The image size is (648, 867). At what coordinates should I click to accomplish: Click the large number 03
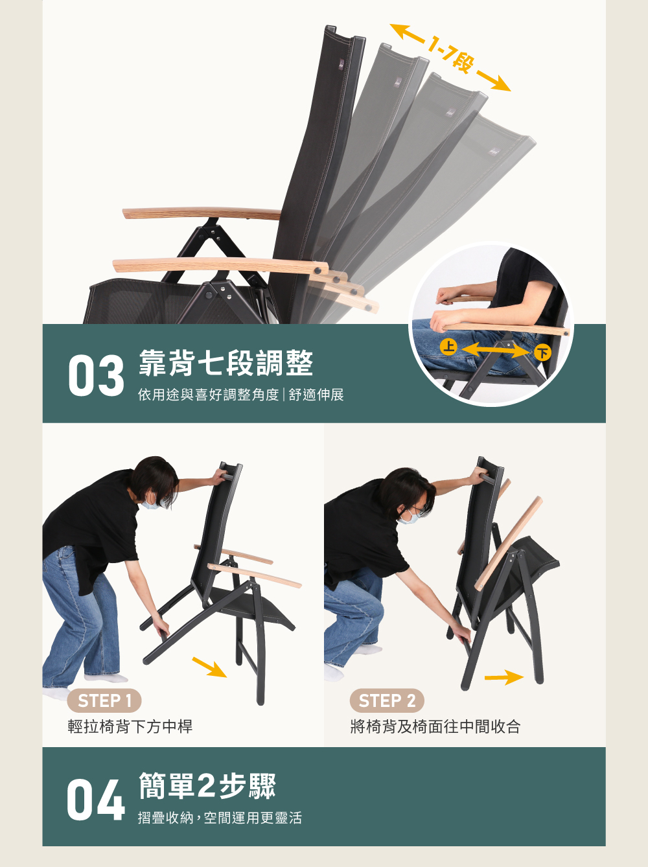point(96,376)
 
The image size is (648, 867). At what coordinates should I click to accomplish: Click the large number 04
point(95,801)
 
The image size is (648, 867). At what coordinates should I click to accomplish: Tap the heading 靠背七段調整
point(226,363)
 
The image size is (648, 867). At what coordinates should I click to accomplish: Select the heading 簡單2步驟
point(207,786)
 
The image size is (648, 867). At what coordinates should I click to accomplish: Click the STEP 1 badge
point(104,700)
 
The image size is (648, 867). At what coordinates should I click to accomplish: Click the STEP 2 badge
point(387,700)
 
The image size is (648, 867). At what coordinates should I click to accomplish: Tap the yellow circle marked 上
point(448,346)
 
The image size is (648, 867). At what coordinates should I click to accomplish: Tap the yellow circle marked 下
point(542,353)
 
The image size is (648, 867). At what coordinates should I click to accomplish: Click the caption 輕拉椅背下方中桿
point(130,726)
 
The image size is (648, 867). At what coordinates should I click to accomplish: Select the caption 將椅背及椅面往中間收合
point(435,726)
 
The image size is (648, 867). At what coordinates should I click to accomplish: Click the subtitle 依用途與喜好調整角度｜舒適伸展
point(240,395)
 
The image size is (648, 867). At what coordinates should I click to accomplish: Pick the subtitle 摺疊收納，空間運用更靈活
point(220,818)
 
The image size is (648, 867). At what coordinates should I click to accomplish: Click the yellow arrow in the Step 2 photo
point(503,678)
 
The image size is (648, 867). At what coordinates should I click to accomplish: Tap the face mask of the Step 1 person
point(150,503)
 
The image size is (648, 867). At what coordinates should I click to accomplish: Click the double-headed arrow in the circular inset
point(495,350)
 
